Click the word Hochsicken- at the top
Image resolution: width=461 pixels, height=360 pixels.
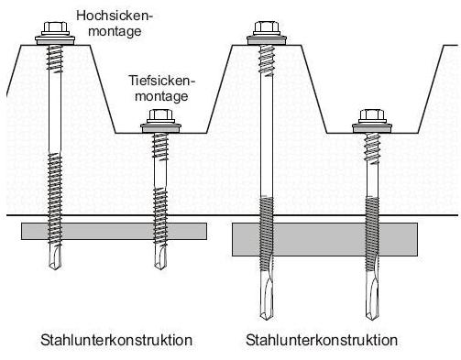coord(114,16)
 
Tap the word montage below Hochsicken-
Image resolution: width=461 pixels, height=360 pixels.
coord(115,31)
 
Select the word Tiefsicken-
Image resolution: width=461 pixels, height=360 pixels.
coord(161,81)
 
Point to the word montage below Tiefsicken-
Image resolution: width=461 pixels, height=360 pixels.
coord(161,96)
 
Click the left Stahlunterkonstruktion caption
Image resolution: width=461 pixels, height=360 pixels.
coord(116,340)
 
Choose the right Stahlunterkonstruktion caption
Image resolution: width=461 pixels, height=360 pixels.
coord(322,340)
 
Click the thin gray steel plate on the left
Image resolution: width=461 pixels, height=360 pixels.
coord(114,231)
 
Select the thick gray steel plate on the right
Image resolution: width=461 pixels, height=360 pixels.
coord(324,239)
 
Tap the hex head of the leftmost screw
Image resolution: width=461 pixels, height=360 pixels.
coord(55,28)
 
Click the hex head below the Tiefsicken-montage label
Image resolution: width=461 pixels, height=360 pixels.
coord(160,116)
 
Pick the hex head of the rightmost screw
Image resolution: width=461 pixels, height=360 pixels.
coord(372,116)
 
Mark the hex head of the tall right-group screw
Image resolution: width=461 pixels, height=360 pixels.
coord(267,28)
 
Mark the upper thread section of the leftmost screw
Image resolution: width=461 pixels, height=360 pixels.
coord(55,60)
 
